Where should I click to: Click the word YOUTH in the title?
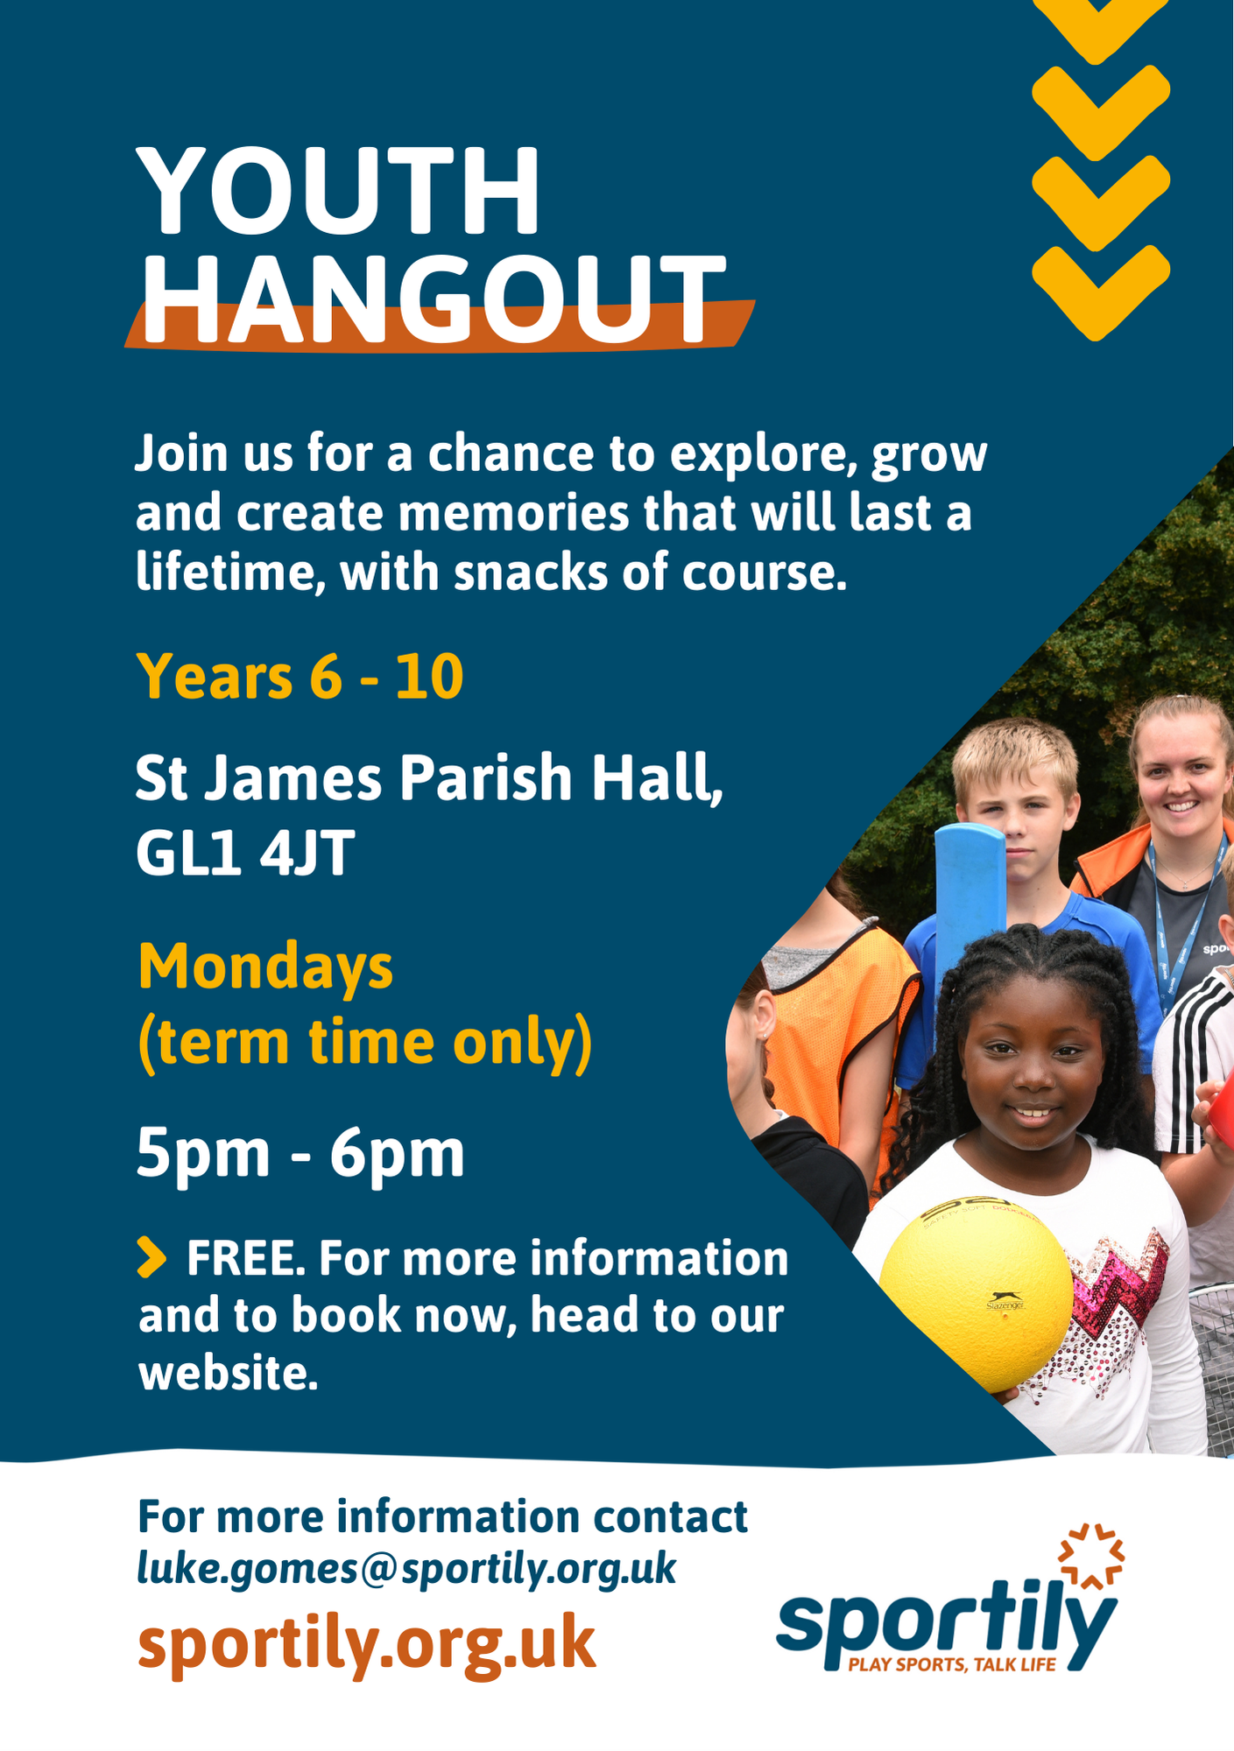pos(338,191)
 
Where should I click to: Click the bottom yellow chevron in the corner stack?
pos(1101,292)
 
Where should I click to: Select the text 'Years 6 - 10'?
pos(300,677)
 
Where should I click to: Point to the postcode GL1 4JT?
pos(245,853)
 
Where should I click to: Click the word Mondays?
pos(265,967)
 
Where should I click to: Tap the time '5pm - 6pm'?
pos(300,1154)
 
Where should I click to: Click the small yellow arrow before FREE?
pos(152,1257)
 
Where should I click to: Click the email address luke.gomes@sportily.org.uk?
pos(406,1567)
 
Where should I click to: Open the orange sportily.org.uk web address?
pos(366,1643)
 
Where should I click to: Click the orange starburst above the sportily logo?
pos(1091,1556)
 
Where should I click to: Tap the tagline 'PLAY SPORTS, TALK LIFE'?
pos(952,1664)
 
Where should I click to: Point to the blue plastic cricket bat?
pos(970,911)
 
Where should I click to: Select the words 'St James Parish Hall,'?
pos(429,779)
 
